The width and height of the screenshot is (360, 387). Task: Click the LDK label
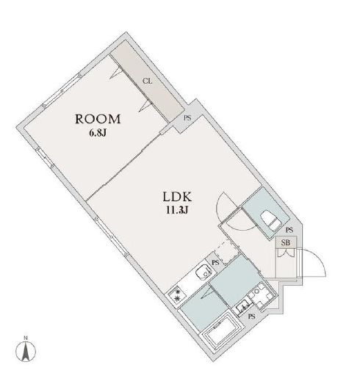(x=177, y=198)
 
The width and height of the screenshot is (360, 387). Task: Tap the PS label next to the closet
(x=187, y=117)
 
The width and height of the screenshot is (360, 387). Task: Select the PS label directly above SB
(x=289, y=229)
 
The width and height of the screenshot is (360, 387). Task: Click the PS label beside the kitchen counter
(x=215, y=261)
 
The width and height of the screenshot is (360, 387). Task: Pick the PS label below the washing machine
(x=251, y=317)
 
